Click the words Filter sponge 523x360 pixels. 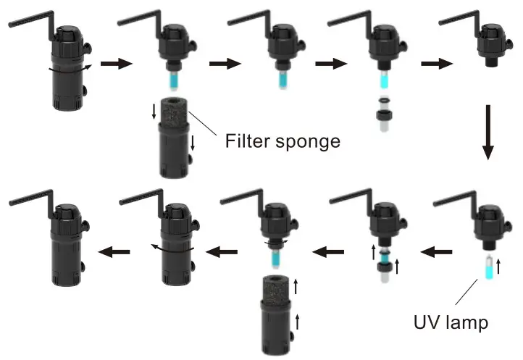283,140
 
